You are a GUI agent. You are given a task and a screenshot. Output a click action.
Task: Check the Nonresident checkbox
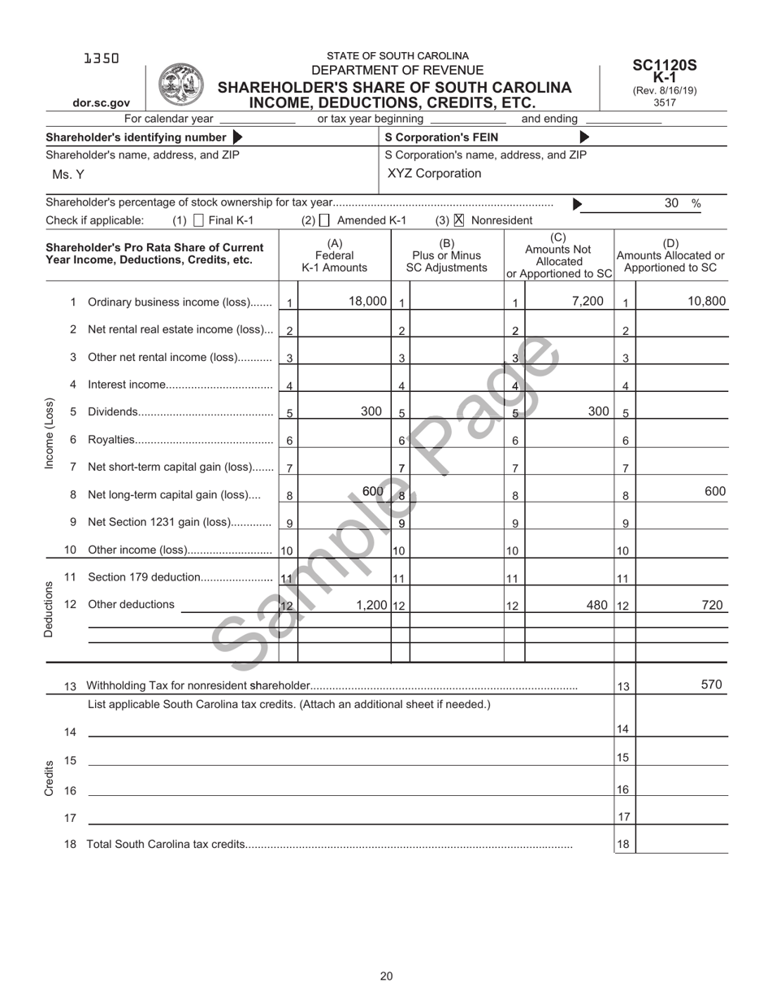[x=459, y=220]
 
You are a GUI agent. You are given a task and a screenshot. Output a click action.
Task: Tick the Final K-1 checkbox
[x=199, y=220]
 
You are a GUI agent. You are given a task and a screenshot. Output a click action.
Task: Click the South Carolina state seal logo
[x=180, y=85]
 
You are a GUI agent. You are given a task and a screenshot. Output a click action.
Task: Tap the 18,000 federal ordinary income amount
[x=367, y=301]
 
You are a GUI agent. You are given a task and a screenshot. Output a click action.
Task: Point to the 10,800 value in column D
[x=706, y=301]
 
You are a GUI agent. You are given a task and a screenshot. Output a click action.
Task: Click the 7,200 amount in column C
[x=588, y=301]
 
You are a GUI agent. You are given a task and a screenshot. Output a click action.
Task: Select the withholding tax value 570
[x=711, y=685]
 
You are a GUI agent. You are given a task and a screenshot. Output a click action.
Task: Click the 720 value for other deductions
[x=713, y=605]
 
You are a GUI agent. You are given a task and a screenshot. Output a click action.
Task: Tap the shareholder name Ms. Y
[x=67, y=175]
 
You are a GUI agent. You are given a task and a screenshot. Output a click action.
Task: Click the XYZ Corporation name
[x=434, y=173]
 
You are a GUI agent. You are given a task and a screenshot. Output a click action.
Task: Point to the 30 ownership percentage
[x=671, y=203]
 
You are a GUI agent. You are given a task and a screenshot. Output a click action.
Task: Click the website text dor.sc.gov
[x=101, y=103]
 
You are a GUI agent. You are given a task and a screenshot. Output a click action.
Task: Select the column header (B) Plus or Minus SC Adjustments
[x=446, y=255]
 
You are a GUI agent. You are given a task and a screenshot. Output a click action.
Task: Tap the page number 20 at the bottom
[x=386, y=976]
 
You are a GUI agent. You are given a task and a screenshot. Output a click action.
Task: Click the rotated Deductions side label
[x=48, y=609]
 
